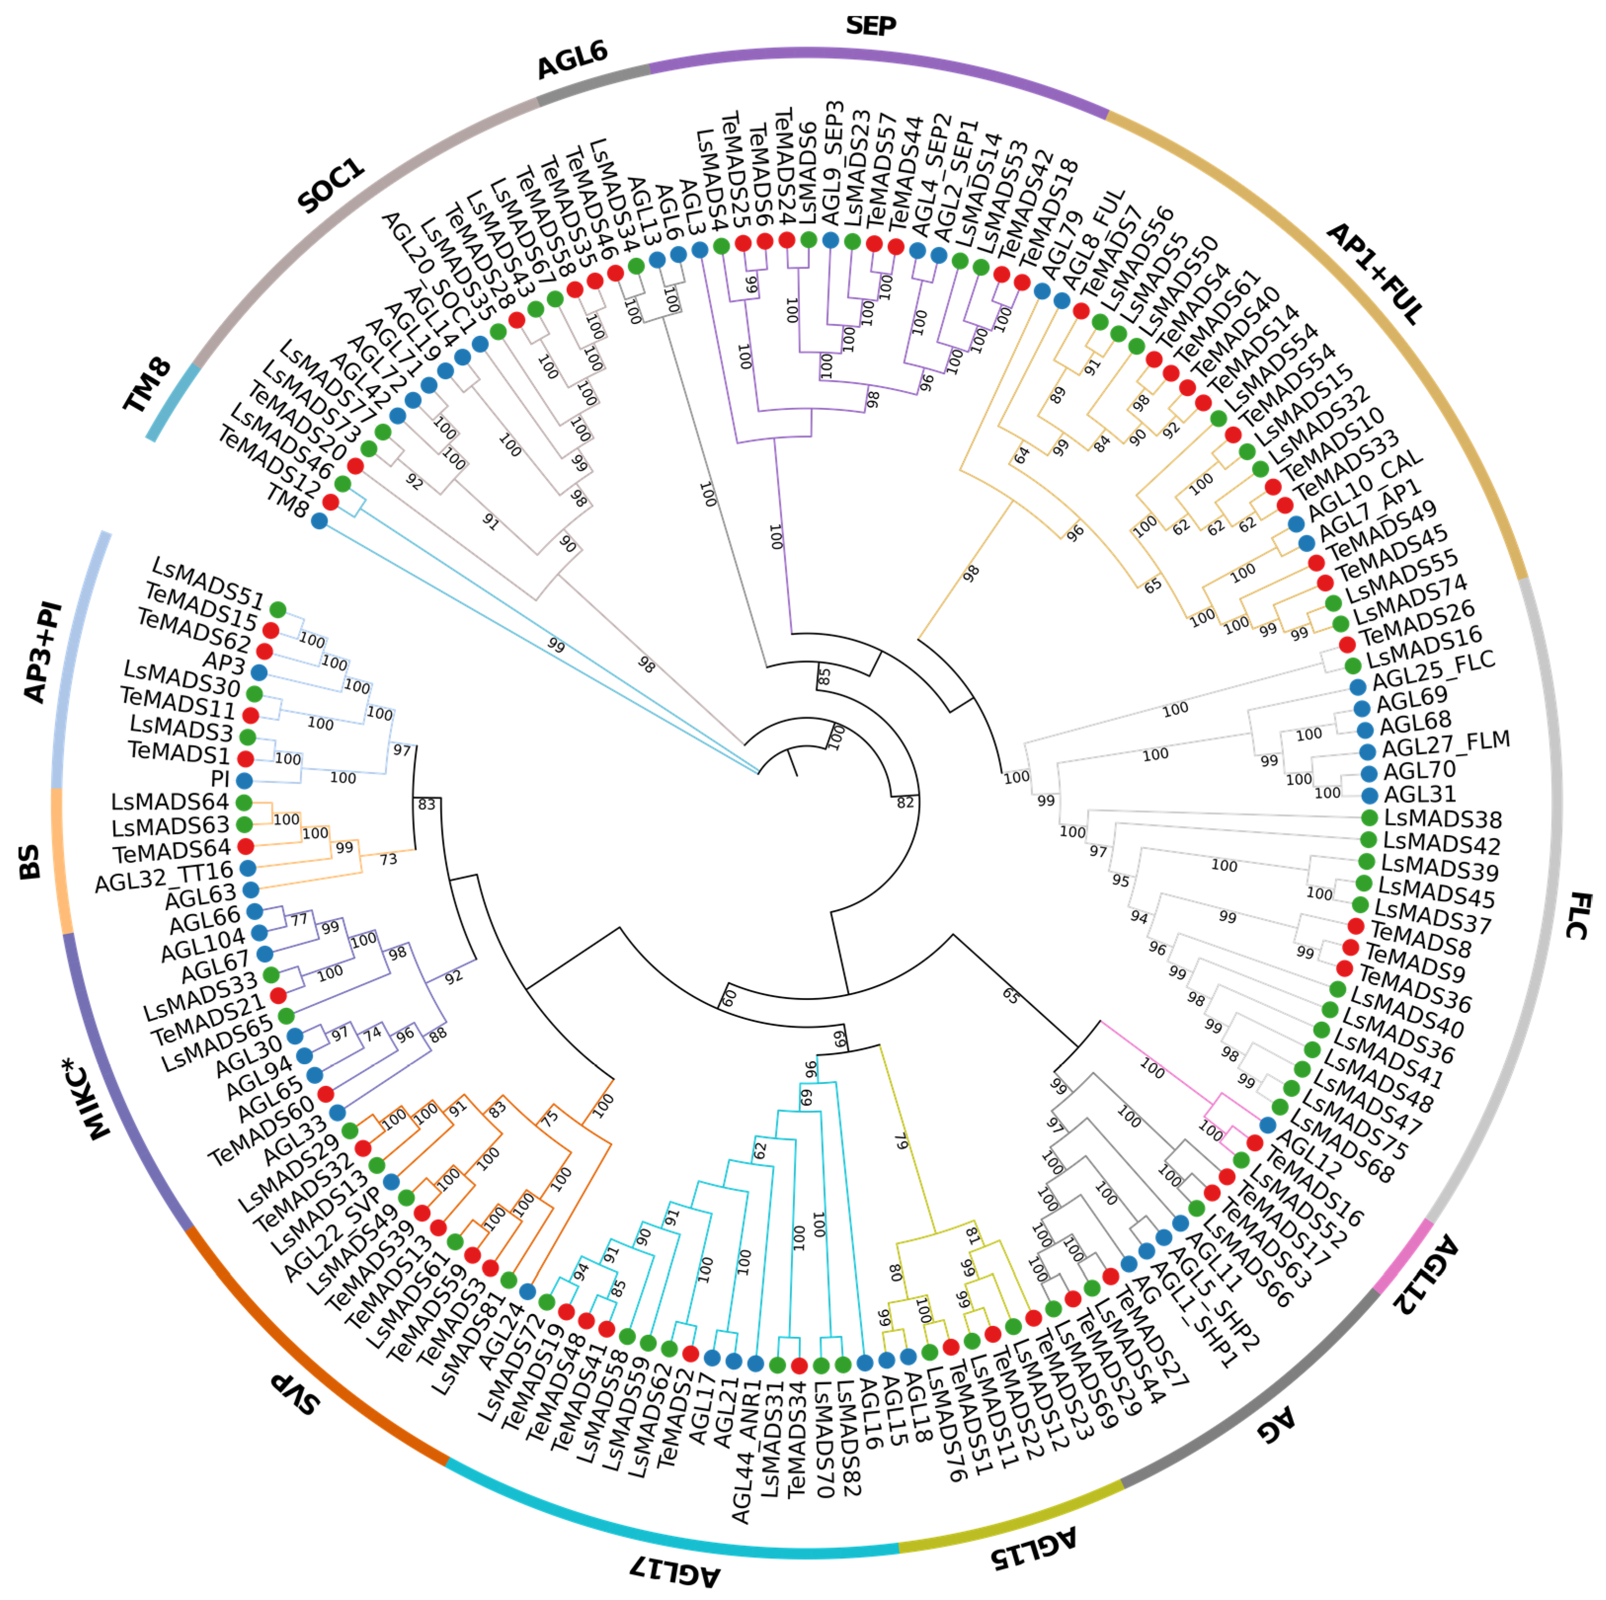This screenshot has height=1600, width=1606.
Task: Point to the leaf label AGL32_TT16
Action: [x=164, y=877]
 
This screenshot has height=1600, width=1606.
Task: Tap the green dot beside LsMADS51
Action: [x=278, y=609]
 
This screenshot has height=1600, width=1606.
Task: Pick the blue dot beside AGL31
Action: [x=1370, y=796]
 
